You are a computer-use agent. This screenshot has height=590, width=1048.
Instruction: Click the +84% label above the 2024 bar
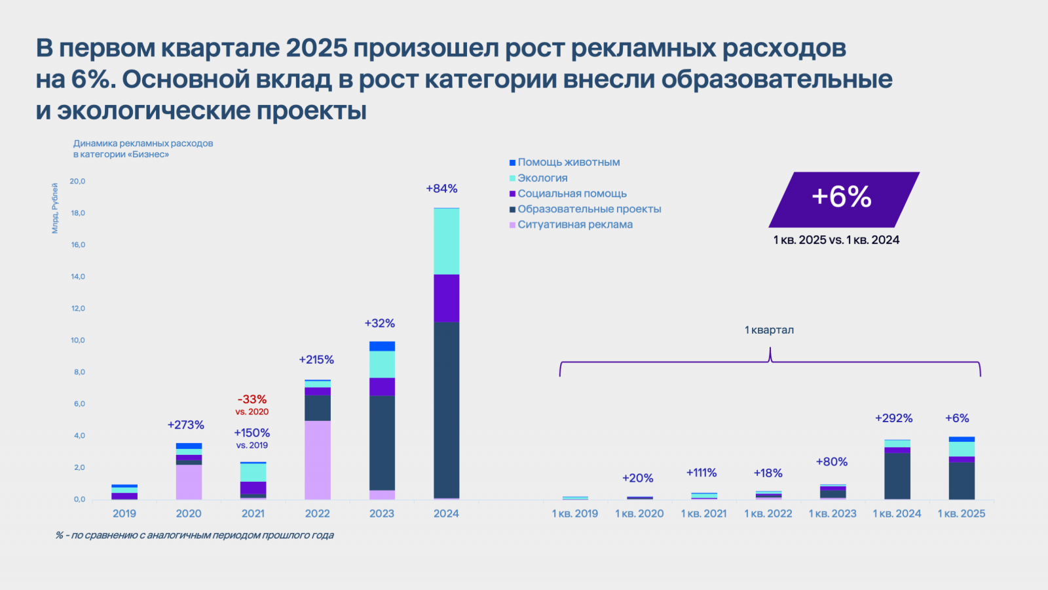tap(441, 189)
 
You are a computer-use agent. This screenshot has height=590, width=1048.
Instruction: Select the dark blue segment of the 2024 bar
tap(446, 410)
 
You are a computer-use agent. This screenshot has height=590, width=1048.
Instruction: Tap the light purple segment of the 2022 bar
tap(318, 460)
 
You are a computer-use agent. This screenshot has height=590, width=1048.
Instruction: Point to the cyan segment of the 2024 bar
tap(446, 241)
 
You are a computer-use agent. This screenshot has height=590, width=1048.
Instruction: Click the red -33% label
tap(252, 399)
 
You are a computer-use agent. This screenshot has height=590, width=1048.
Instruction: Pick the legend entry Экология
tap(542, 178)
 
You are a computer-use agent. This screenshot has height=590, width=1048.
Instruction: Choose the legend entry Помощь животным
tap(569, 163)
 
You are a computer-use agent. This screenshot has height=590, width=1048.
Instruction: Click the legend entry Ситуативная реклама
tap(574, 225)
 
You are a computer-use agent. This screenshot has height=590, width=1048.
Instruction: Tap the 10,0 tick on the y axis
tap(78, 340)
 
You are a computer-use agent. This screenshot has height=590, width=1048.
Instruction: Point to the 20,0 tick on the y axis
tap(78, 181)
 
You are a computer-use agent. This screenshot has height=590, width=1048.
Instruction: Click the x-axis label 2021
tap(253, 513)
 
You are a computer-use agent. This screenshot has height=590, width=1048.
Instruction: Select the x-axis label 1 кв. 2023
tap(833, 513)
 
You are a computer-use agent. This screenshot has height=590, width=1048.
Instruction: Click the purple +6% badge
tap(843, 198)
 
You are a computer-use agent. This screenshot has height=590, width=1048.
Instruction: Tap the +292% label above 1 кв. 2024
tap(893, 418)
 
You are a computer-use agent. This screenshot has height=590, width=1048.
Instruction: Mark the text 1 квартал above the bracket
tap(769, 330)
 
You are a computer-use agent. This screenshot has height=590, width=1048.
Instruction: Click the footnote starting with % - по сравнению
tap(195, 535)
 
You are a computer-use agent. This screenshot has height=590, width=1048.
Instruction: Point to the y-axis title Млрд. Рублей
tap(55, 208)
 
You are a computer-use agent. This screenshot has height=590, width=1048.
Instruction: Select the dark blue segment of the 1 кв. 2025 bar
tap(962, 481)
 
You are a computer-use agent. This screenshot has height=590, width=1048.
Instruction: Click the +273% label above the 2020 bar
tap(186, 425)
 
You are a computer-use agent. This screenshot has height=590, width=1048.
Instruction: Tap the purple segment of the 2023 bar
tap(382, 387)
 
